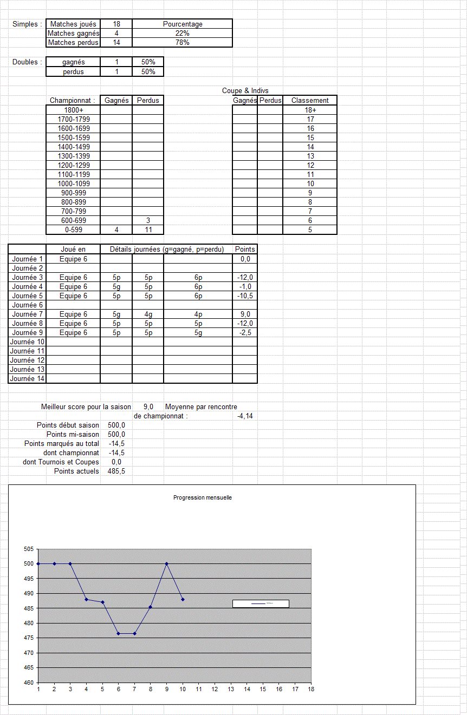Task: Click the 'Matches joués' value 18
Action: point(116,24)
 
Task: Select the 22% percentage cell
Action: point(183,33)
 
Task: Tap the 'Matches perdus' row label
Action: point(73,42)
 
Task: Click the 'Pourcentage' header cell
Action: point(183,24)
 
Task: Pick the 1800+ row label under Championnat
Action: point(74,110)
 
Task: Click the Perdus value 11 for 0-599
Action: point(148,229)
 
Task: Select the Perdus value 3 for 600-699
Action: point(148,220)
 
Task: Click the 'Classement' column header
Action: point(310,100)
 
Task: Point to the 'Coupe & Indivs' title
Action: point(245,90)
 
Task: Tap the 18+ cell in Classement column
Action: point(310,110)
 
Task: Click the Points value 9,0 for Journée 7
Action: point(245,314)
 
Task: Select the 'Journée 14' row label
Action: point(27,378)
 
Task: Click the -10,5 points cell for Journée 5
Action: point(245,296)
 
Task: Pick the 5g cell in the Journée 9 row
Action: point(198,332)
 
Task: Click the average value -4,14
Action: point(245,416)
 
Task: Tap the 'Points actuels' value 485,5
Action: point(116,471)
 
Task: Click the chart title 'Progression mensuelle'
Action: point(202,497)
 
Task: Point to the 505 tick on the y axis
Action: point(28,549)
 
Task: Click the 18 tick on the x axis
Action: point(311,689)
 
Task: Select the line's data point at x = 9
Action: point(167,563)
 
